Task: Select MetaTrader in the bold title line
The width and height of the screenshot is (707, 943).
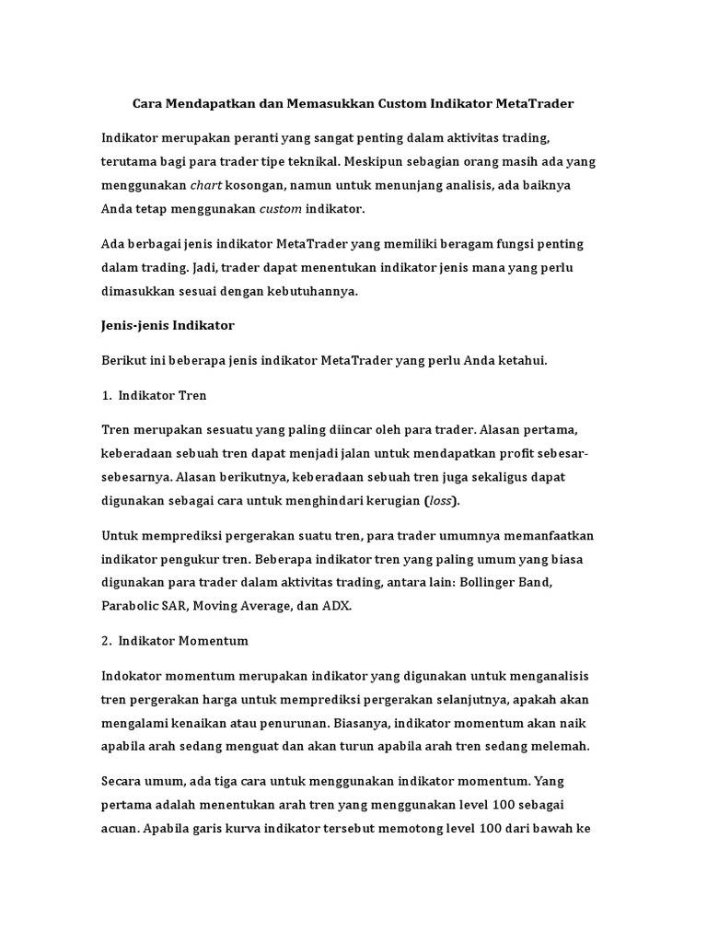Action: point(533,104)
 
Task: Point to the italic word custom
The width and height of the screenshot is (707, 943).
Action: point(280,209)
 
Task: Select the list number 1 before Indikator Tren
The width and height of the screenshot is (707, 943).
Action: point(105,395)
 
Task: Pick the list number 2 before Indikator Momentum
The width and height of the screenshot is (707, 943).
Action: point(105,640)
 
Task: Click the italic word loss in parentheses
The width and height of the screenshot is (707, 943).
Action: point(441,500)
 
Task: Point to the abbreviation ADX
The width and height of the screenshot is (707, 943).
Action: point(336,606)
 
